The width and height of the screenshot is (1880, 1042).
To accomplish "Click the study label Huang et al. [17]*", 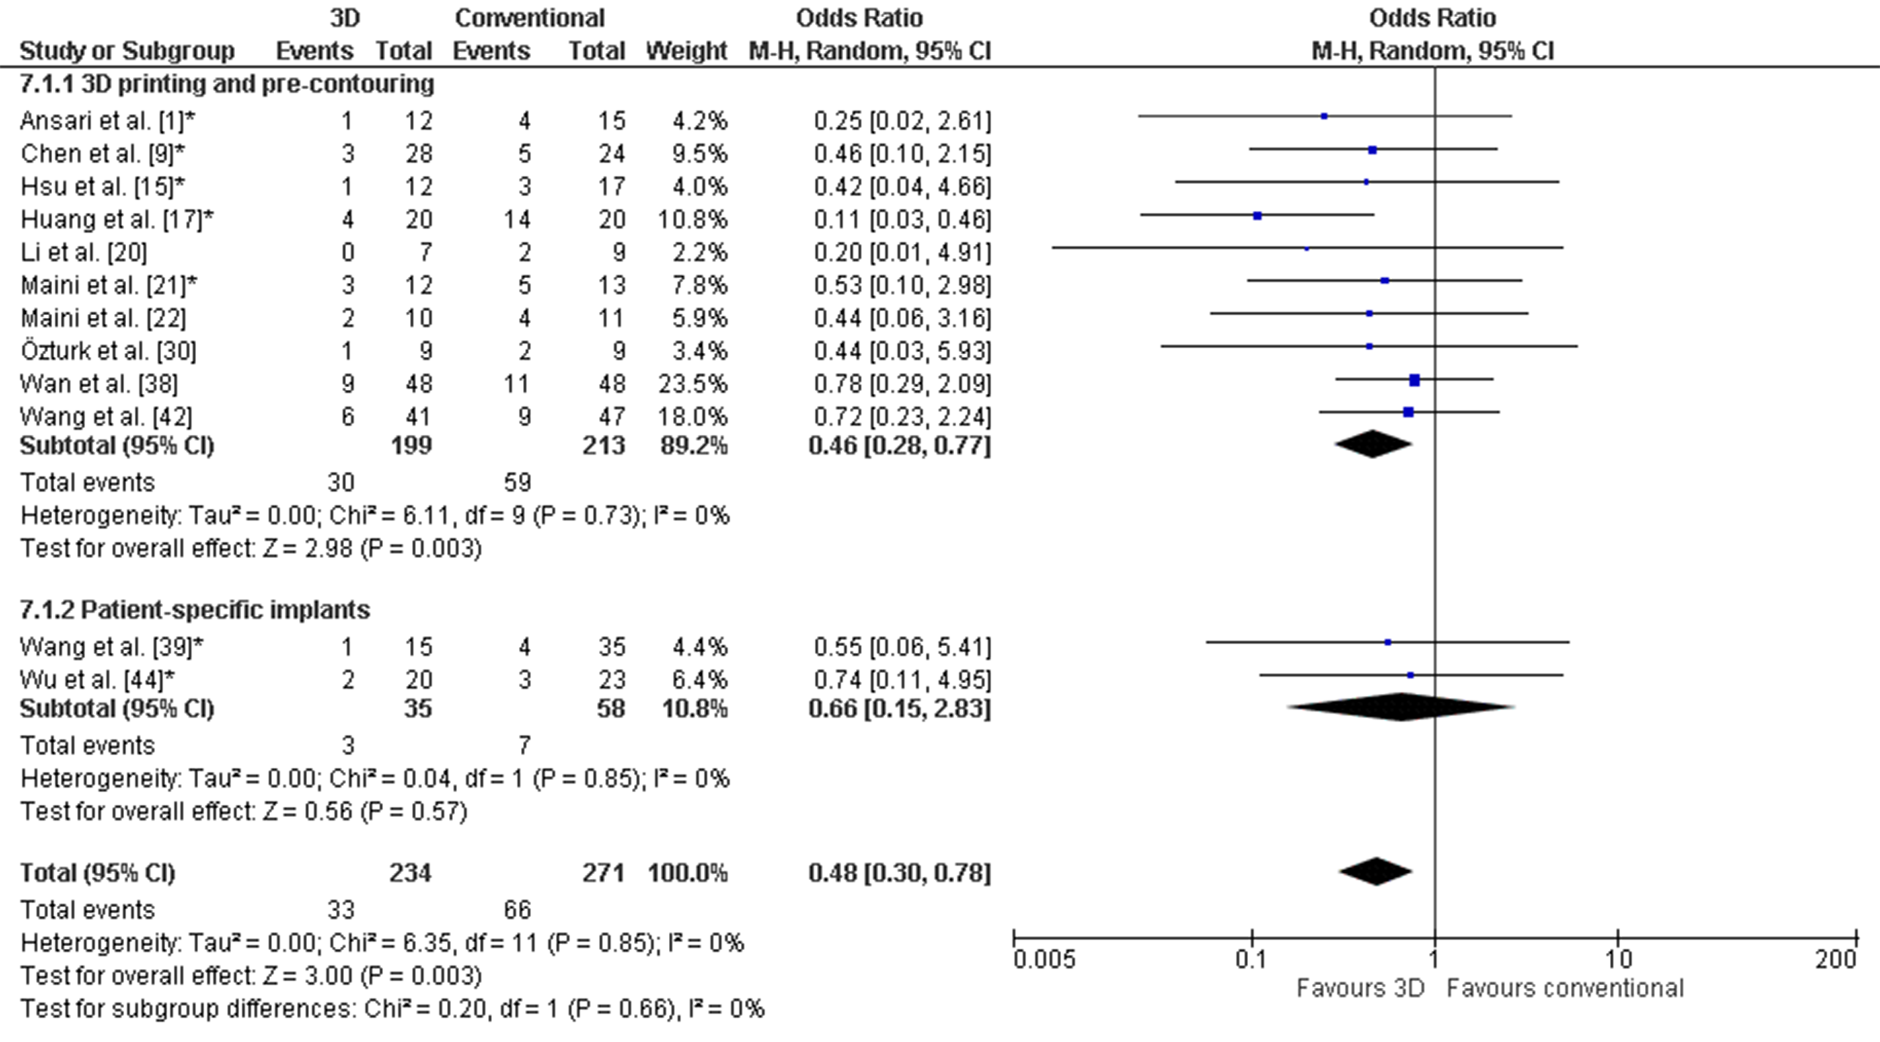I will [117, 219].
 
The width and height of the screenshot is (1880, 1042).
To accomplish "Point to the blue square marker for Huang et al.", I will [1257, 216].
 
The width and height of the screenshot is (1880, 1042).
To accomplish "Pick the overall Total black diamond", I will [1375, 871].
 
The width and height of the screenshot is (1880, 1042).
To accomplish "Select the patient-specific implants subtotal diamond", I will [1401, 707].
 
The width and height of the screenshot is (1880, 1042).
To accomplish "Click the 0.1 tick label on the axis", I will [1251, 959].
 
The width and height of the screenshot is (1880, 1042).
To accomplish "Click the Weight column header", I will [686, 51].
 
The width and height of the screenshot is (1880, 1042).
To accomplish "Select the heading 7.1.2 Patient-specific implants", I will [195, 610].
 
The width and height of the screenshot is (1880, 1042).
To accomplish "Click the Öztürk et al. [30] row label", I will [108, 350].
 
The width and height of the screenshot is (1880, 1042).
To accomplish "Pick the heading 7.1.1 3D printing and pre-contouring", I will [226, 84].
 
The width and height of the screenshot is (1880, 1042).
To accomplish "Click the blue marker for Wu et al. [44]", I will [1410, 675].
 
